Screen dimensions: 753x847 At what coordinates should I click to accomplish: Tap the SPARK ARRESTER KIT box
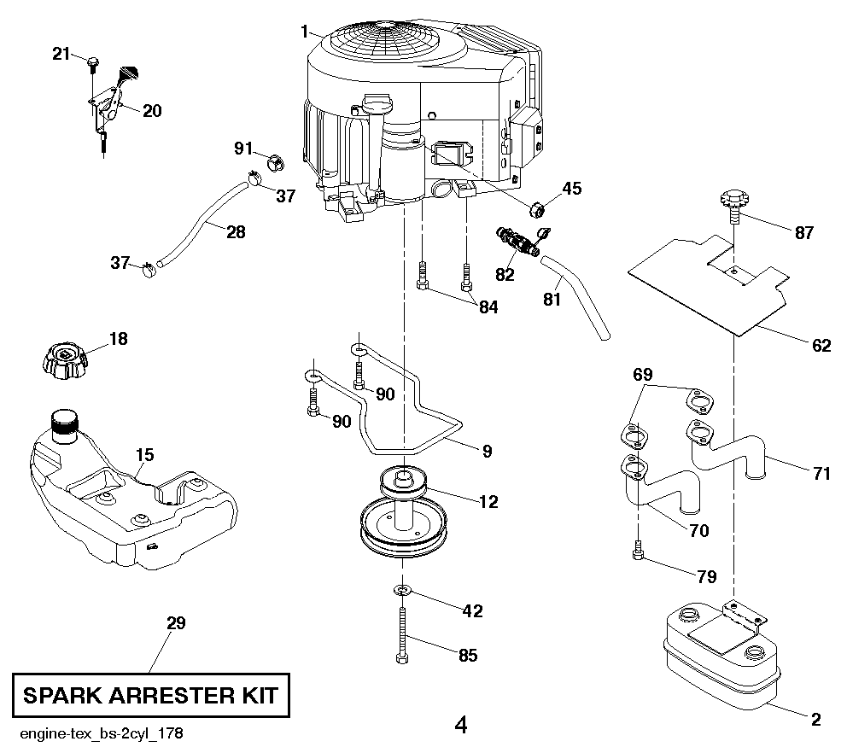coord(150,695)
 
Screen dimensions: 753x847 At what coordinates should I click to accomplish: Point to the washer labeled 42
coord(401,590)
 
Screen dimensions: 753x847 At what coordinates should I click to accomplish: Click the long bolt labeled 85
coord(401,632)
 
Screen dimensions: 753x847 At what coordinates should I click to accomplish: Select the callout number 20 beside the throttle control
coord(152,110)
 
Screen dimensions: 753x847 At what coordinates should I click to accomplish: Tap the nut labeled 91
coord(274,160)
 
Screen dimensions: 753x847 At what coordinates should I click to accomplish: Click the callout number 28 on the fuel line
coord(236,231)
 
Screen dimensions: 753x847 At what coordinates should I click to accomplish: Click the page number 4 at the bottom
coord(461,726)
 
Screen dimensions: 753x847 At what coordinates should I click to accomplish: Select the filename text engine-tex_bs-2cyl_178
coord(102,733)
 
